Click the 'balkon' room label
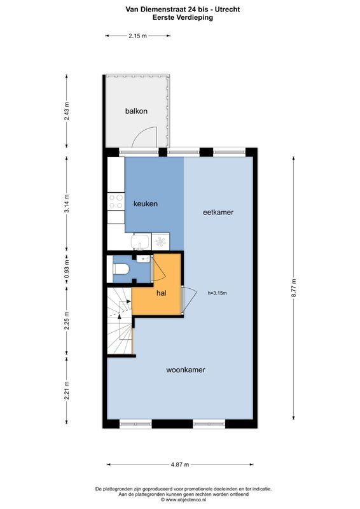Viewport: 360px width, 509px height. click(136, 111)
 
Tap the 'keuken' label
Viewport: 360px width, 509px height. click(145, 204)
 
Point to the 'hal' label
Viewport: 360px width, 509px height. click(162, 293)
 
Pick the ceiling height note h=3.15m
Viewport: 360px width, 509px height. click(217, 293)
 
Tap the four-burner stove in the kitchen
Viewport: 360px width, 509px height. click(116, 202)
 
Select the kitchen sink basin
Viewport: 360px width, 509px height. click(141, 242)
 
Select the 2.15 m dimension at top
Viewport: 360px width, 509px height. click(137, 36)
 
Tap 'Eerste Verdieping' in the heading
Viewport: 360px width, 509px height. click(183, 18)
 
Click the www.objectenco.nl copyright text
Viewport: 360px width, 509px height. click(183, 499)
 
